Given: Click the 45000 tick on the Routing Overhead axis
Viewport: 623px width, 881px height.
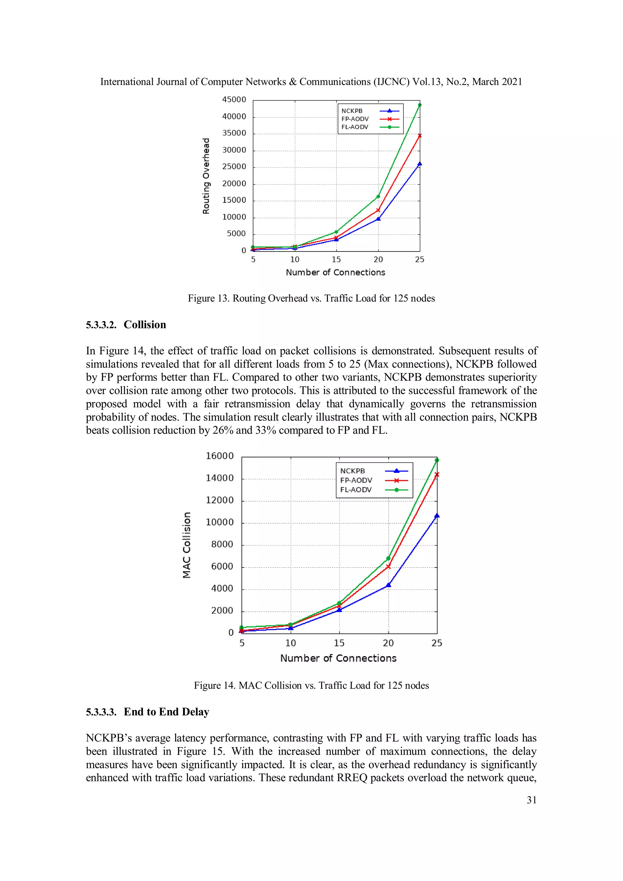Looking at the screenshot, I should (234, 100).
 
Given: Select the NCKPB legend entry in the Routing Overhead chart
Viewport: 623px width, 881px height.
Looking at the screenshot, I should (352, 111).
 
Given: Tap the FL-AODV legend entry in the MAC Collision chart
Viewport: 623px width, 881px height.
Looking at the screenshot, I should (356, 490).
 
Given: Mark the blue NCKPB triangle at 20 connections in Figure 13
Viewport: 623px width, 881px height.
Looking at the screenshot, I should (378, 219).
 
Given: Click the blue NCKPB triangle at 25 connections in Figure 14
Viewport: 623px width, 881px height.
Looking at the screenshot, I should (437, 516).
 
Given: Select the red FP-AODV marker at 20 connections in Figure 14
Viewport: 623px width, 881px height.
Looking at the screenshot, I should (388, 566).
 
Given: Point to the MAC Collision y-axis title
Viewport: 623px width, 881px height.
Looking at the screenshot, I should (186, 545).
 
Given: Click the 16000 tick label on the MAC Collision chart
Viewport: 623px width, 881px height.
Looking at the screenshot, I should (219, 456).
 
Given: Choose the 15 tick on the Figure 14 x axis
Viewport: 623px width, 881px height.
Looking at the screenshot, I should (339, 643).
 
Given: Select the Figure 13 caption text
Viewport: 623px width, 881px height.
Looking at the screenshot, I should (311, 299).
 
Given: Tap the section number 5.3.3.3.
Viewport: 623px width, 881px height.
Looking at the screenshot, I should (101, 712).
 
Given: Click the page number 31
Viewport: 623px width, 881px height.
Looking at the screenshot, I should (531, 800).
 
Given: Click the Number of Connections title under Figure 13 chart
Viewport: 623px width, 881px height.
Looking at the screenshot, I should (335, 272).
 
